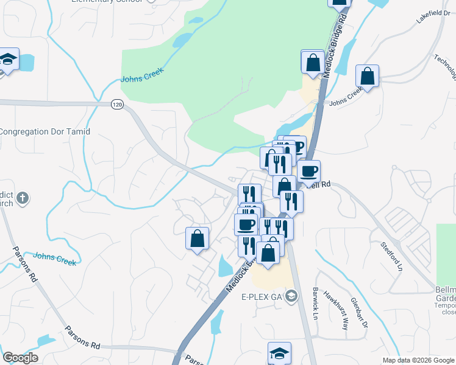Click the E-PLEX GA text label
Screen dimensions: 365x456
click(x=262, y=297)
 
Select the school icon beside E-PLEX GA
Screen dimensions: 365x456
click(x=291, y=296)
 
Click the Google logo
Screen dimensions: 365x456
click(x=20, y=358)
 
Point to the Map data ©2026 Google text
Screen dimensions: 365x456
click(x=419, y=360)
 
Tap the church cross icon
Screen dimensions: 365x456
click(x=22, y=198)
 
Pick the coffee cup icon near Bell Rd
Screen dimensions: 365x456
click(x=309, y=171)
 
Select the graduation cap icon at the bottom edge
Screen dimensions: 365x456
click(x=279, y=353)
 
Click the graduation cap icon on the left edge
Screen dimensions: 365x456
click(x=9, y=60)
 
